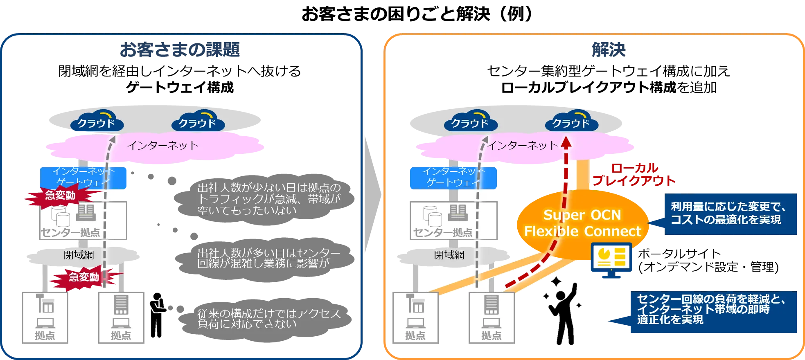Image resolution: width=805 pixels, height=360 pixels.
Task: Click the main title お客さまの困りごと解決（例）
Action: [417, 13]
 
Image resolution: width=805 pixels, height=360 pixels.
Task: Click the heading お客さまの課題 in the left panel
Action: [180, 49]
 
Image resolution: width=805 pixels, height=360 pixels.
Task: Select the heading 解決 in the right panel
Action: [609, 49]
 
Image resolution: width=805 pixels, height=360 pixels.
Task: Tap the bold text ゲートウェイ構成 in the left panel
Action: [180, 87]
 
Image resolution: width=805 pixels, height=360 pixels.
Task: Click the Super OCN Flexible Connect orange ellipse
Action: [583, 224]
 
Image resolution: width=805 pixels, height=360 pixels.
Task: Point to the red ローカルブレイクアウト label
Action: [634, 174]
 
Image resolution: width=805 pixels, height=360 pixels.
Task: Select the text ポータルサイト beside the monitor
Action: [679, 254]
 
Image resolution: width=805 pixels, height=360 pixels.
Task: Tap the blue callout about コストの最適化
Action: [725, 214]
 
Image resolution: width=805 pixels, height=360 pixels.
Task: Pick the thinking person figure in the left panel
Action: [157, 315]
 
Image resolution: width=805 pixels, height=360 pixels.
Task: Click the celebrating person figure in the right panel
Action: [564, 312]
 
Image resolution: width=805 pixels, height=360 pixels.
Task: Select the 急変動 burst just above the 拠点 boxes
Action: [84, 277]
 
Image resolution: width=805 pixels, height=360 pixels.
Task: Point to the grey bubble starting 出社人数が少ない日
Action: [265, 199]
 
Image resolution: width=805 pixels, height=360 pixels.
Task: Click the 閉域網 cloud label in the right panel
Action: [449, 255]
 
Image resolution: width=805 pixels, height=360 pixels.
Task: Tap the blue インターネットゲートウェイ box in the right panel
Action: [453, 178]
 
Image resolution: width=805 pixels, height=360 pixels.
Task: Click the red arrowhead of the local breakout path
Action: [566, 142]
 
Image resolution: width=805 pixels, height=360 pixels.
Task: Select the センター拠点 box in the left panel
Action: [83, 220]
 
